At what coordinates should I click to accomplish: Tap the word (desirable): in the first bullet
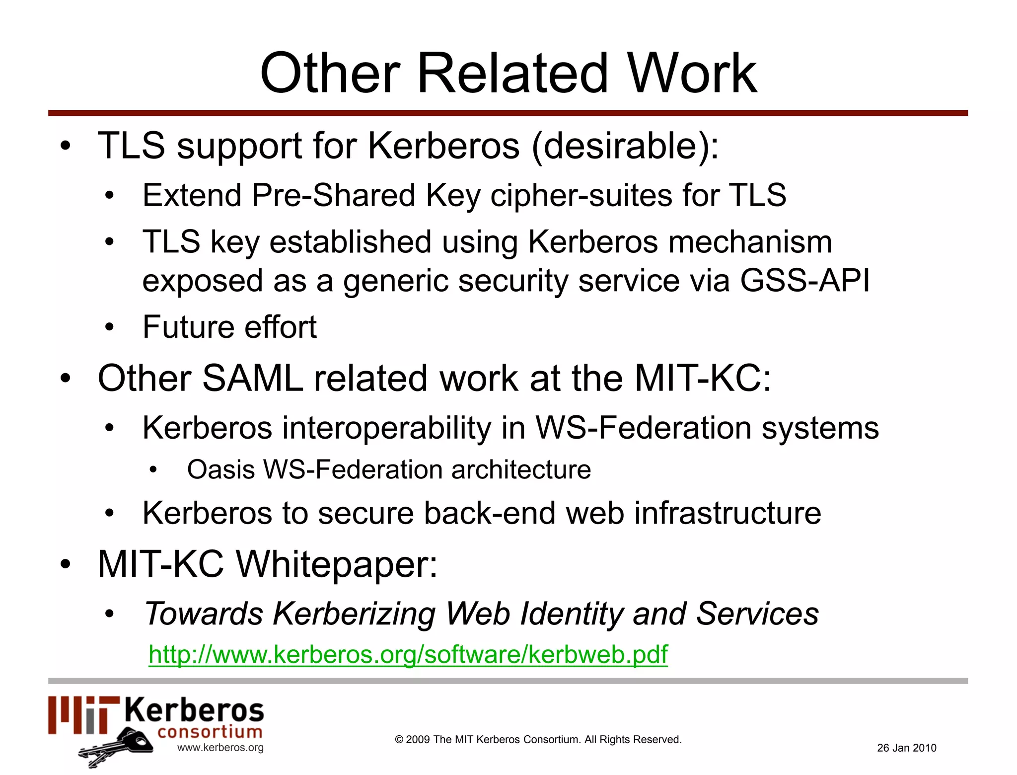tap(625, 146)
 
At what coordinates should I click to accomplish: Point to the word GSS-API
tap(804, 281)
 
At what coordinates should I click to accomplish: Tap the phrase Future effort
tap(229, 327)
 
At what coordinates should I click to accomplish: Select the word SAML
tap(252, 379)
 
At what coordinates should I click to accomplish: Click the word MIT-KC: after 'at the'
tap(703, 379)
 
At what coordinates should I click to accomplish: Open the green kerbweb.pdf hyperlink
tap(408, 654)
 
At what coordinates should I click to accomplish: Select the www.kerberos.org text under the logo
tap(220, 748)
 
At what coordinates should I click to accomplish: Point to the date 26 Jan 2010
tap(906, 748)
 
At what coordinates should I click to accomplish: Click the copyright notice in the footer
tap(538, 739)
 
